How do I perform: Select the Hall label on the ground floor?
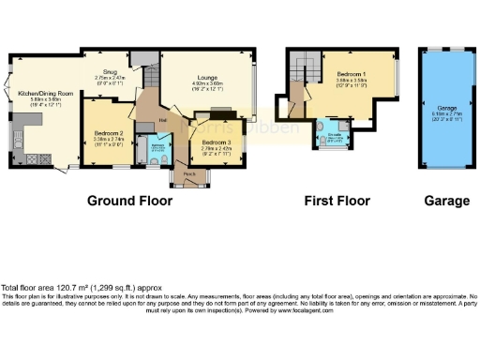[162, 120]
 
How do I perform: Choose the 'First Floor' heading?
[337, 201]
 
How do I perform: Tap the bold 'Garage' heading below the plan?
[446, 201]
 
